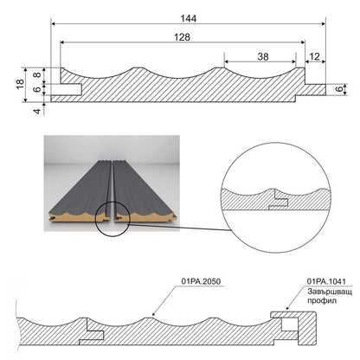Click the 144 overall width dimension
[189, 19]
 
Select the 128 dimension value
[183, 37]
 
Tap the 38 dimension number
[263, 57]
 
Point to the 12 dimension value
[314, 56]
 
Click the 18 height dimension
[20, 84]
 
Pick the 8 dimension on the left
[37, 75]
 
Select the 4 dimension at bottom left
[37, 111]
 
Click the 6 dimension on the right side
[340, 89]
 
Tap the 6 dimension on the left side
[37, 89]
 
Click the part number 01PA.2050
[201, 281]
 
